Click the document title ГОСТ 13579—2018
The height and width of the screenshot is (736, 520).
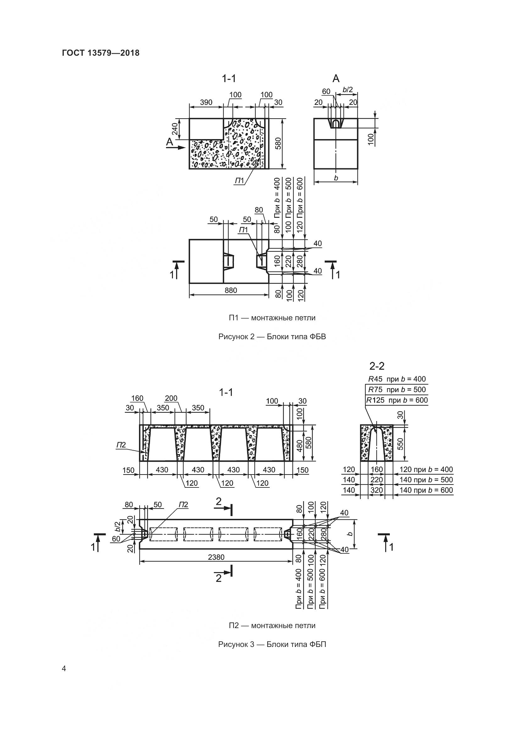point(101,53)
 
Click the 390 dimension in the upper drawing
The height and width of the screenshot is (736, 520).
point(206,102)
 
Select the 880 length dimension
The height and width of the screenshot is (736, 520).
point(230,290)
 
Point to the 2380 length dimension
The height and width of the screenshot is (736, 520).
point(216,557)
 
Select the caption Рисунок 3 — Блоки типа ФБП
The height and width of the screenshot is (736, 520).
point(272,644)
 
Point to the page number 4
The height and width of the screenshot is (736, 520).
point(64,669)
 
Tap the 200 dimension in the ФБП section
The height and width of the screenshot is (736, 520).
point(171,398)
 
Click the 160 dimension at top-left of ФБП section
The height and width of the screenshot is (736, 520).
point(137,398)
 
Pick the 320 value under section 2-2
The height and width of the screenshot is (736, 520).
point(377,490)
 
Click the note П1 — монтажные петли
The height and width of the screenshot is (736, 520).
point(272,318)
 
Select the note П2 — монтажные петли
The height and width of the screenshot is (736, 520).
point(272,626)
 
